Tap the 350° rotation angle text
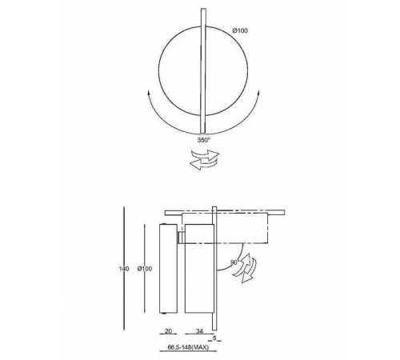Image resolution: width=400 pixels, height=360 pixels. click(206, 139)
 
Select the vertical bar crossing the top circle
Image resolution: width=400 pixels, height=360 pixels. click(203, 70)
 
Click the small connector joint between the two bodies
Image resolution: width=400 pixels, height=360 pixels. click(182, 234)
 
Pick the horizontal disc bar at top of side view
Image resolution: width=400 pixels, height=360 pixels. click(223, 212)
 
